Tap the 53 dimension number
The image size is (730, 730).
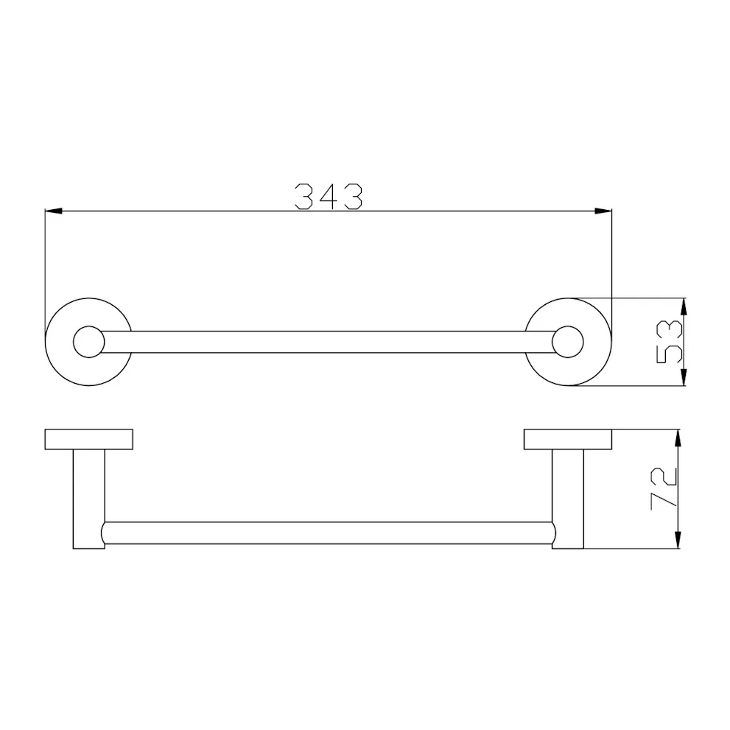click(x=670, y=343)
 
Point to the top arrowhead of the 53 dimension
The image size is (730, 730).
click(x=684, y=306)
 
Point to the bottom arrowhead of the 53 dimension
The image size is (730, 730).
click(x=684, y=379)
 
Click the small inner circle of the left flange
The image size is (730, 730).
click(x=88, y=342)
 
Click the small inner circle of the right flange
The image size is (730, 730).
click(x=568, y=342)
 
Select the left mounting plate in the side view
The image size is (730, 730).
click(x=88, y=439)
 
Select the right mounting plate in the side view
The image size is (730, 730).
click(x=568, y=439)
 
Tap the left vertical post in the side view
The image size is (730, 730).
click(x=88, y=499)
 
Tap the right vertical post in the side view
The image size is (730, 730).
click(x=568, y=499)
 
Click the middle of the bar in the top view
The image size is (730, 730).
click(x=328, y=342)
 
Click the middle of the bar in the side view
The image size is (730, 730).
click(x=328, y=533)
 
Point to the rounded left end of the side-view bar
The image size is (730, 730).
click(x=105, y=533)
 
